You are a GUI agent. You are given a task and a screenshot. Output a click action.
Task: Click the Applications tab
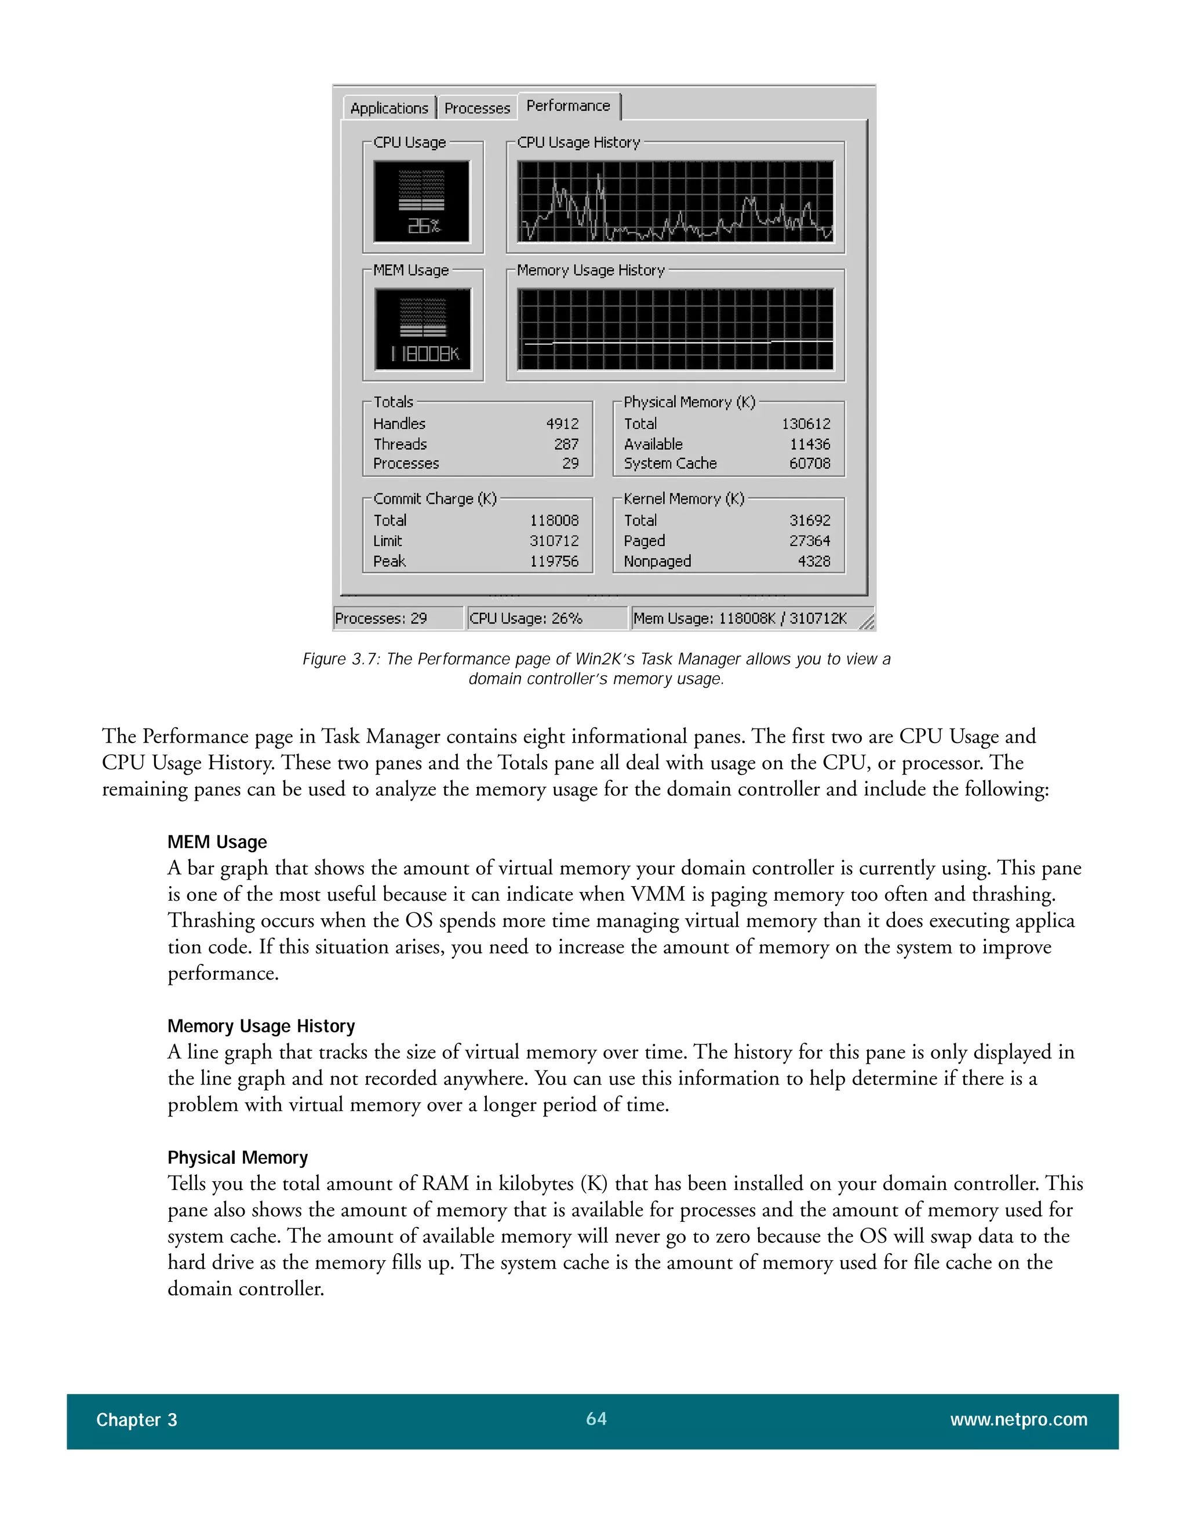click(x=389, y=108)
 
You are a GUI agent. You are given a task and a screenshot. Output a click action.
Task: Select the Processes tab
click(x=477, y=108)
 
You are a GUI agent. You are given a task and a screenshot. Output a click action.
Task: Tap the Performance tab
click(x=568, y=105)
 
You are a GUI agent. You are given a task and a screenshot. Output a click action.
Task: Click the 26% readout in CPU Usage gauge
click(x=423, y=225)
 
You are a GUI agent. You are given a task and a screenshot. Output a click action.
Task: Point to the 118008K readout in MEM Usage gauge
click(x=425, y=354)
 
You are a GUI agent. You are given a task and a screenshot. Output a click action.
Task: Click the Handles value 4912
click(x=562, y=423)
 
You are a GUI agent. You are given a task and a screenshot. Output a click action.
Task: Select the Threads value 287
click(x=566, y=444)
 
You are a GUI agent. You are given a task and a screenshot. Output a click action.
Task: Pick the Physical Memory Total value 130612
click(x=806, y=423)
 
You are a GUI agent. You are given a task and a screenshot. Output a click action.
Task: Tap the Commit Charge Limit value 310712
click(x=554, y=541)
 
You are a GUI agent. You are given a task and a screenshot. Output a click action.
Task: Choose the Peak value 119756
click(x=554, y=561)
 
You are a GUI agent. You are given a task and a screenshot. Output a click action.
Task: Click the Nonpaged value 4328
click(x=814, y=561)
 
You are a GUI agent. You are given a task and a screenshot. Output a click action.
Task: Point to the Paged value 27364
click(x=809, y=541)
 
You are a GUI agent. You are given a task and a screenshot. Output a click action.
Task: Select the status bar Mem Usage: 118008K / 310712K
click(x=740, y=618)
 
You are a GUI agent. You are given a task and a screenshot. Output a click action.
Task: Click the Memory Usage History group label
click(x=590, y=270)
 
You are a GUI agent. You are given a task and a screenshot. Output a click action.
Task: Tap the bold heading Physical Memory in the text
click(x=238, y=1158)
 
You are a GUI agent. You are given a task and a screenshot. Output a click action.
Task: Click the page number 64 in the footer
click(x=596, y=1418)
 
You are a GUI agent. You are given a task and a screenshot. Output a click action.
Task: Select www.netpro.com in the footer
click(x=1018, y=1420)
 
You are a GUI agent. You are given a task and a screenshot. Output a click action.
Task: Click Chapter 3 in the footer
click(x=136, y=1420)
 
